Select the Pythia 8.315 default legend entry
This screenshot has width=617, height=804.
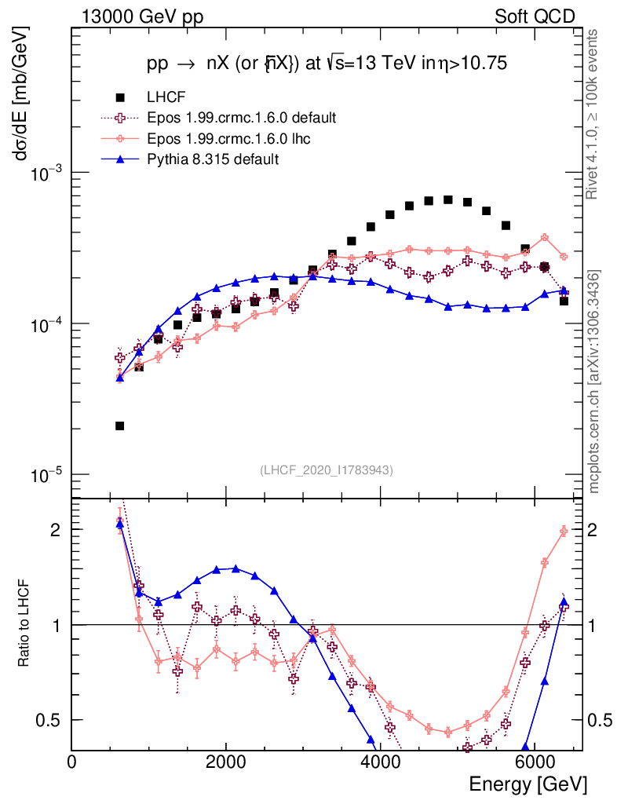pyautogui.click(x=213, y=159)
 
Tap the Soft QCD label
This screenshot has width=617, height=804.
pyautogui.click(x=535, y=16)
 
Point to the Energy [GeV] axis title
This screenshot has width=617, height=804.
pyautogui.click(x=528, y=784)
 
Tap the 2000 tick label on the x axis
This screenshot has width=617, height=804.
pyautogui.click(x=226, y=762)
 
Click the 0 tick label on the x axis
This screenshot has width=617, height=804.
pyautogui.click(x=72, y=762)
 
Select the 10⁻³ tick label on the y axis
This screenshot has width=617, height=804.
pyautogui.click(x=46, y=173)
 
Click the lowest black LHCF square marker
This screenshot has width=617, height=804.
pyautogui.click(x=119, y=426)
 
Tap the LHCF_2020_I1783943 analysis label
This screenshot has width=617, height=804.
pyautogui.click(x=327, y=470)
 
